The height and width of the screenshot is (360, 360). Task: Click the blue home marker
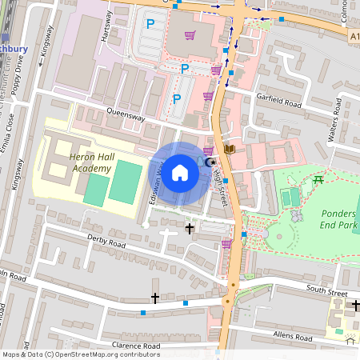[180, 171]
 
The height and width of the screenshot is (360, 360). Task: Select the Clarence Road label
[132, 345]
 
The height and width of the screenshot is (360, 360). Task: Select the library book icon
[230, 149]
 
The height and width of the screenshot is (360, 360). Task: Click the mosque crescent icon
[210, 163]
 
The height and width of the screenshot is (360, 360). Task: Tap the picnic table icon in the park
[319, 179]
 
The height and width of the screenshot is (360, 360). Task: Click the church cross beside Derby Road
[190, 230]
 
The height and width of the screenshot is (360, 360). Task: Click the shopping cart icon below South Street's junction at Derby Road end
[226, 244]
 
